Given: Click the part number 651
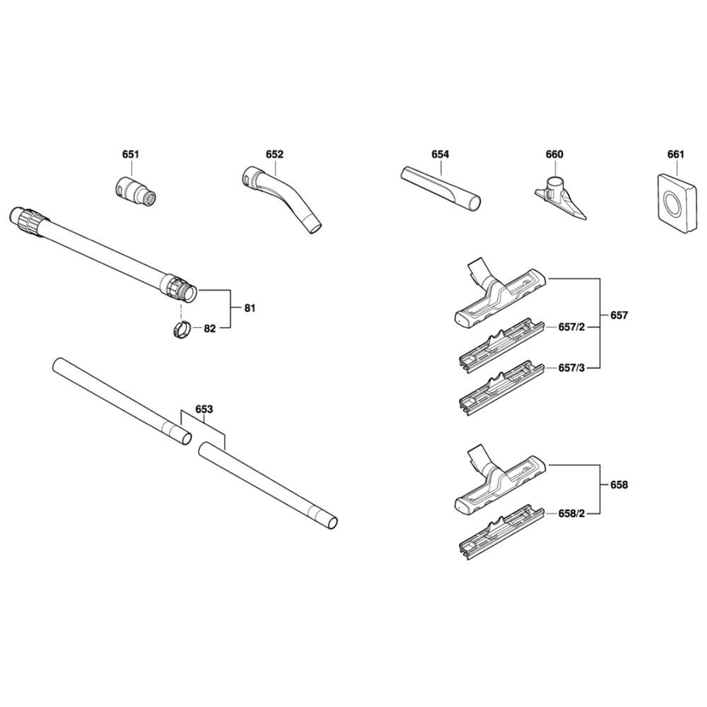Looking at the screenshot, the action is (131, 154).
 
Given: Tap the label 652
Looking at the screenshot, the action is (274, 154).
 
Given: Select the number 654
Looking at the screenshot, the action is (440, 154).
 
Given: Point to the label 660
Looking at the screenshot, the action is (554, 154).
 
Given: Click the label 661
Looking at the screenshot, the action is (675, 154).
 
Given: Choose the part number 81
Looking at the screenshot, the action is (250, 308).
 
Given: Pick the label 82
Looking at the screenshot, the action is (210, 328).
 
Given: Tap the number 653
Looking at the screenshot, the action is (204, 409).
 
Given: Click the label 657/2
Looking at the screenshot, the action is (571, 327).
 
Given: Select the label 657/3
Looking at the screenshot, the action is (571, 368).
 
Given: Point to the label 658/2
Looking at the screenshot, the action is (571, 513).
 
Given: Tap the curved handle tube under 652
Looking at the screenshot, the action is (282, 199).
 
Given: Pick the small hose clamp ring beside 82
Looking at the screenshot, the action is (181, 329).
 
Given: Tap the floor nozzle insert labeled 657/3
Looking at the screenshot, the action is (501, 387).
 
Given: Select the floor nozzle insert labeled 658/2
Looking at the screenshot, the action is (501, 532).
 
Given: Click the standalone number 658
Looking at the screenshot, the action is (619, 485).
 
